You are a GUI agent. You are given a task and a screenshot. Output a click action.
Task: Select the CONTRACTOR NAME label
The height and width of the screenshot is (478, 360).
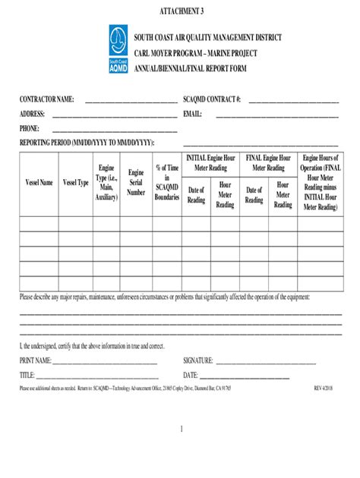(46, 99)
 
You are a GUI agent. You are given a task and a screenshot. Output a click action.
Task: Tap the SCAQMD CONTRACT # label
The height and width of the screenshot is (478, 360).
(212, 99)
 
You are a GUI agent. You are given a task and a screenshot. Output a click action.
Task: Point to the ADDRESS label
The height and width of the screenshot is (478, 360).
(33, 114)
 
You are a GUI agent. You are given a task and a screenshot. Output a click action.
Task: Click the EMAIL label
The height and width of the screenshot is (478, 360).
(192, 114)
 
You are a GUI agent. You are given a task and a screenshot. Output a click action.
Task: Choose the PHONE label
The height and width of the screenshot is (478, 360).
(30, 128)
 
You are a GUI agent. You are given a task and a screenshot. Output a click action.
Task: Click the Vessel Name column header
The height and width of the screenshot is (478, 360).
(39, 183)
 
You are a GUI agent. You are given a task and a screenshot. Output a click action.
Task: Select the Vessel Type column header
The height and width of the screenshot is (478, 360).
(76, 183)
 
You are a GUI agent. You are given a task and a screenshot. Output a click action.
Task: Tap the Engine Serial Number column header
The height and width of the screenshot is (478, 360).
(136, 183)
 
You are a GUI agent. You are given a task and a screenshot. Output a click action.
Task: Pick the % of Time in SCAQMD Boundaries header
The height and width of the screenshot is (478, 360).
(167, 182)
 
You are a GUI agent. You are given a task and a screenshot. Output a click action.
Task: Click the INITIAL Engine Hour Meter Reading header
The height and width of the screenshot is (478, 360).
(211, 162)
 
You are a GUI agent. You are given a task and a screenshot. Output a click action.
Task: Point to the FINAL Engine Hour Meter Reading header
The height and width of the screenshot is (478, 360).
(269, 162)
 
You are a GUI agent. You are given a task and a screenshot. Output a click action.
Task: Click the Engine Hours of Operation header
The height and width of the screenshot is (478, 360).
(320, 182)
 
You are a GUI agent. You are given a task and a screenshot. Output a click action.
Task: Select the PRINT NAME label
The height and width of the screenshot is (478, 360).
(36, 360)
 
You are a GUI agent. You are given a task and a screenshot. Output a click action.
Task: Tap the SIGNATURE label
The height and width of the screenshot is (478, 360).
(198, 360)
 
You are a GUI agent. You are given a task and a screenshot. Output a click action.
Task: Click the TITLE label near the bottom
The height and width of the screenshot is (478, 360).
(27, 375)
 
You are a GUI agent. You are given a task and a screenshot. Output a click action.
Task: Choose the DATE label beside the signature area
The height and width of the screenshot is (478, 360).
(191, 375)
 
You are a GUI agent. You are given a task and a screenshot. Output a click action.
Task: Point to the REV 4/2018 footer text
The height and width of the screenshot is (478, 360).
(327, 388)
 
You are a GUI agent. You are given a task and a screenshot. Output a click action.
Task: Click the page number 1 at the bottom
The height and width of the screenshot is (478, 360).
(182, 429)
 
